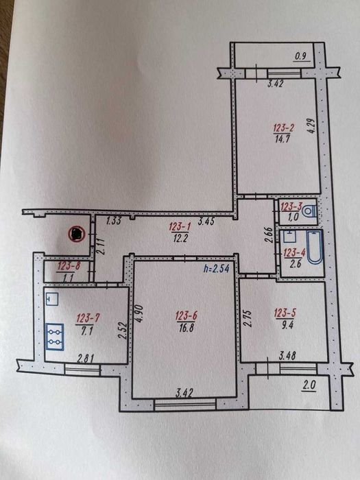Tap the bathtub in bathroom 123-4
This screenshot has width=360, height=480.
point(315,248)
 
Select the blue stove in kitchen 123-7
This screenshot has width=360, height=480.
point(55,337)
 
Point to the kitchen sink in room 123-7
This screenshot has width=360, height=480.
point(51,299)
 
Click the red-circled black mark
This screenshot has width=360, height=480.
point(76,235)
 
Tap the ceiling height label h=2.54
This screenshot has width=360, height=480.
point(217,269)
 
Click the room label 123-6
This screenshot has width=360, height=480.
point(186,315)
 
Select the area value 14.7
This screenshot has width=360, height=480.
point(282,139)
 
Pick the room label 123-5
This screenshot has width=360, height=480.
point(285,313)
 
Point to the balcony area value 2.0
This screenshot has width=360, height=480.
point(309,385)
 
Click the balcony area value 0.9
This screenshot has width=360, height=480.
point(301,56)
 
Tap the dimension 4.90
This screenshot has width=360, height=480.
point(139,314)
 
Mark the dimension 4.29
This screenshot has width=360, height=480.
point(311,125)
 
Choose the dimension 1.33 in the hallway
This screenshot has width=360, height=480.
point(114,221)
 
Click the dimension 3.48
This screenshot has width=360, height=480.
point(287,356)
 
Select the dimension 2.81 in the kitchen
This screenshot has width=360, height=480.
point(86,359)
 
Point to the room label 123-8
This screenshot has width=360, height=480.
point(69,266)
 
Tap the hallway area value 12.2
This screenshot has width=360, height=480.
point(180,238)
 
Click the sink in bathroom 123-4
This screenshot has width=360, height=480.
point(289,237)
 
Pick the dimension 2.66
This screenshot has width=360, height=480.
point(269,235)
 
